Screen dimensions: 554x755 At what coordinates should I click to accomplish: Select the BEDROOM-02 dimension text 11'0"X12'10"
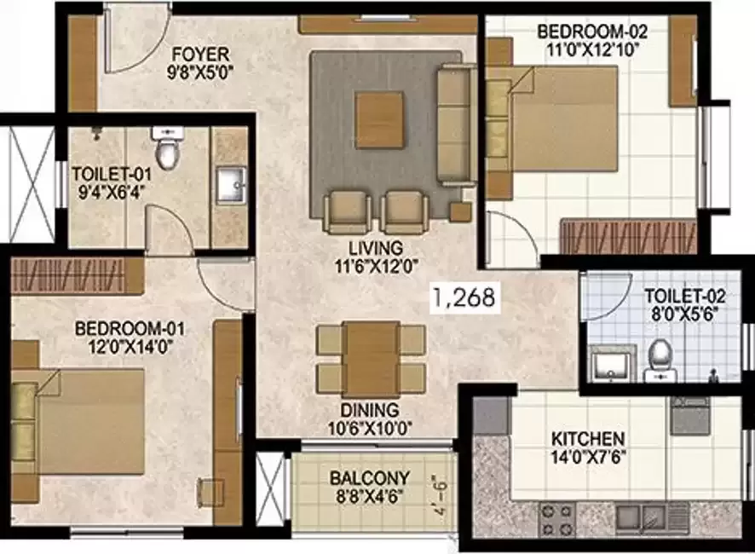pyautogui.click(x=592, y=49)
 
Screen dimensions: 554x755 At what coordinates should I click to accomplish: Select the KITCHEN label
pyautogui.click(x=586, y=438)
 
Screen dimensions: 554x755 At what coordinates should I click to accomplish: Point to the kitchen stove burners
pyautogui.click(x=558, y=516)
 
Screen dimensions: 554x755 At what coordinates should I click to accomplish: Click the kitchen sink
pyautogui.click(x=641, y=515)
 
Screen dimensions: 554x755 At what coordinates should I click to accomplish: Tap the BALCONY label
pyautogui.click(x=369, y=478)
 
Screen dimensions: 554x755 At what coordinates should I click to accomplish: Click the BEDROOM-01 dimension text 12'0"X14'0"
pyautogui.click(x=129, y=344)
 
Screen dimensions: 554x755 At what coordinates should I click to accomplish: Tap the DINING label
pyautogui.click(x=369, y=413)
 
